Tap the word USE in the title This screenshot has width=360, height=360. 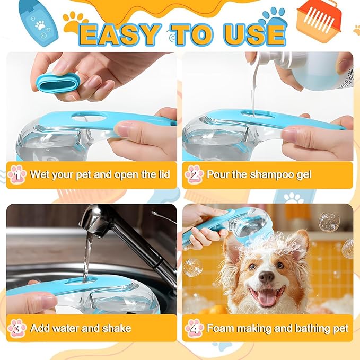point(253,33)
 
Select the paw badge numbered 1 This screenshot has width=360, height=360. point(17,174)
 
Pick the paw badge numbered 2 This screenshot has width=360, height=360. point(194,174)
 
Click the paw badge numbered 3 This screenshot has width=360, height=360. point(17,328)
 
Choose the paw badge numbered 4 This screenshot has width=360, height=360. point(194,328)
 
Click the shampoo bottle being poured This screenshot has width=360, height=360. point(313,69)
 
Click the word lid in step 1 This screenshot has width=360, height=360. point(163,174)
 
